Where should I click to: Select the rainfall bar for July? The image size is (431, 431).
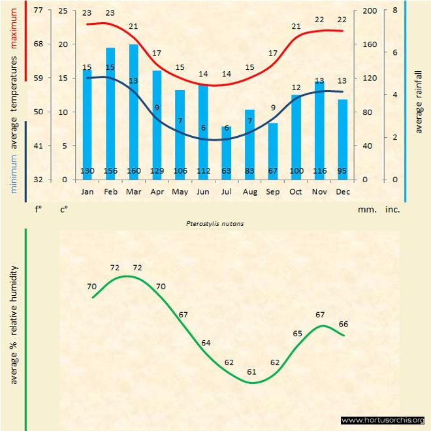click(x=227, y=150)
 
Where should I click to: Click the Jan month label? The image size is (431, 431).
click(x=88, y=192)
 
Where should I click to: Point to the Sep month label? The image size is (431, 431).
click(x=273, y=192)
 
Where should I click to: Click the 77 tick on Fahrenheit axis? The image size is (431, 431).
click(x=39, y=11)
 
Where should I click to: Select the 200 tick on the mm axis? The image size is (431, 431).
click(x=369, y=11)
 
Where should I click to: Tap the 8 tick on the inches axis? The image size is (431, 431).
click(x=394, y=11)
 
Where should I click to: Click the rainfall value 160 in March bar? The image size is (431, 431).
click(x=134, y=171)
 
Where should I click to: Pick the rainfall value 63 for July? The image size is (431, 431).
click(x=227, y=171)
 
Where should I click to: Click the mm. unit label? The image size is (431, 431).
click(x=366, y=210)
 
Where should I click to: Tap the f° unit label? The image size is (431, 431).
click(x=39, y=210)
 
